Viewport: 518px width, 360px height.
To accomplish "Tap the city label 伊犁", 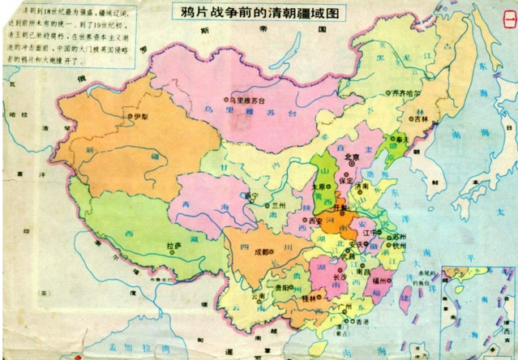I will click(x=141, y=117).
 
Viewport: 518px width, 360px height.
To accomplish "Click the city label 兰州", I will click(x=280, y=206).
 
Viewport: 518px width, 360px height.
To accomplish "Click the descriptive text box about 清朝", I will click(x=74, y=36).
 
